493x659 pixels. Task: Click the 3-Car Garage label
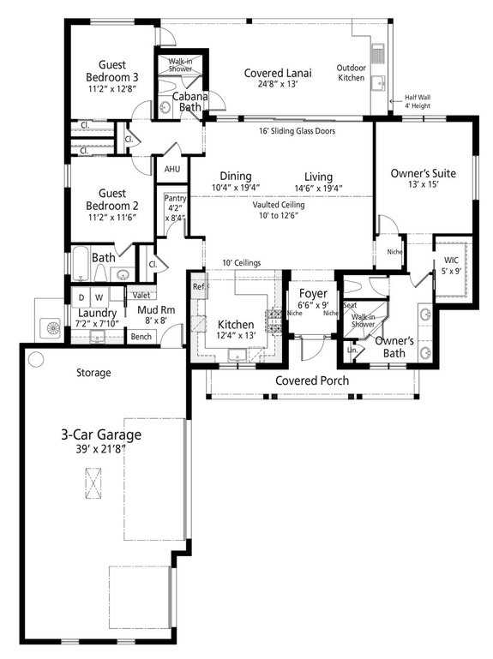point(100,435)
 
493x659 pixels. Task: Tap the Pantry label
point(176,198)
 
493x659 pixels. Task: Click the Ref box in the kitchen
point(198,286)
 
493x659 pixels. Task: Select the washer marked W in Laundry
point(99,297)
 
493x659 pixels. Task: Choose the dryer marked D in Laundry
point(81,297)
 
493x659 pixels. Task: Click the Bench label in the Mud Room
point(141,337)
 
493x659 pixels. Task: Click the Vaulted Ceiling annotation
point(281,206)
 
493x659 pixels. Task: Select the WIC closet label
point(451,261)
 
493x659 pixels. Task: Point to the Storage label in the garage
point(93,373)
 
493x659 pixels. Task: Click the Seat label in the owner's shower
point(350,305)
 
